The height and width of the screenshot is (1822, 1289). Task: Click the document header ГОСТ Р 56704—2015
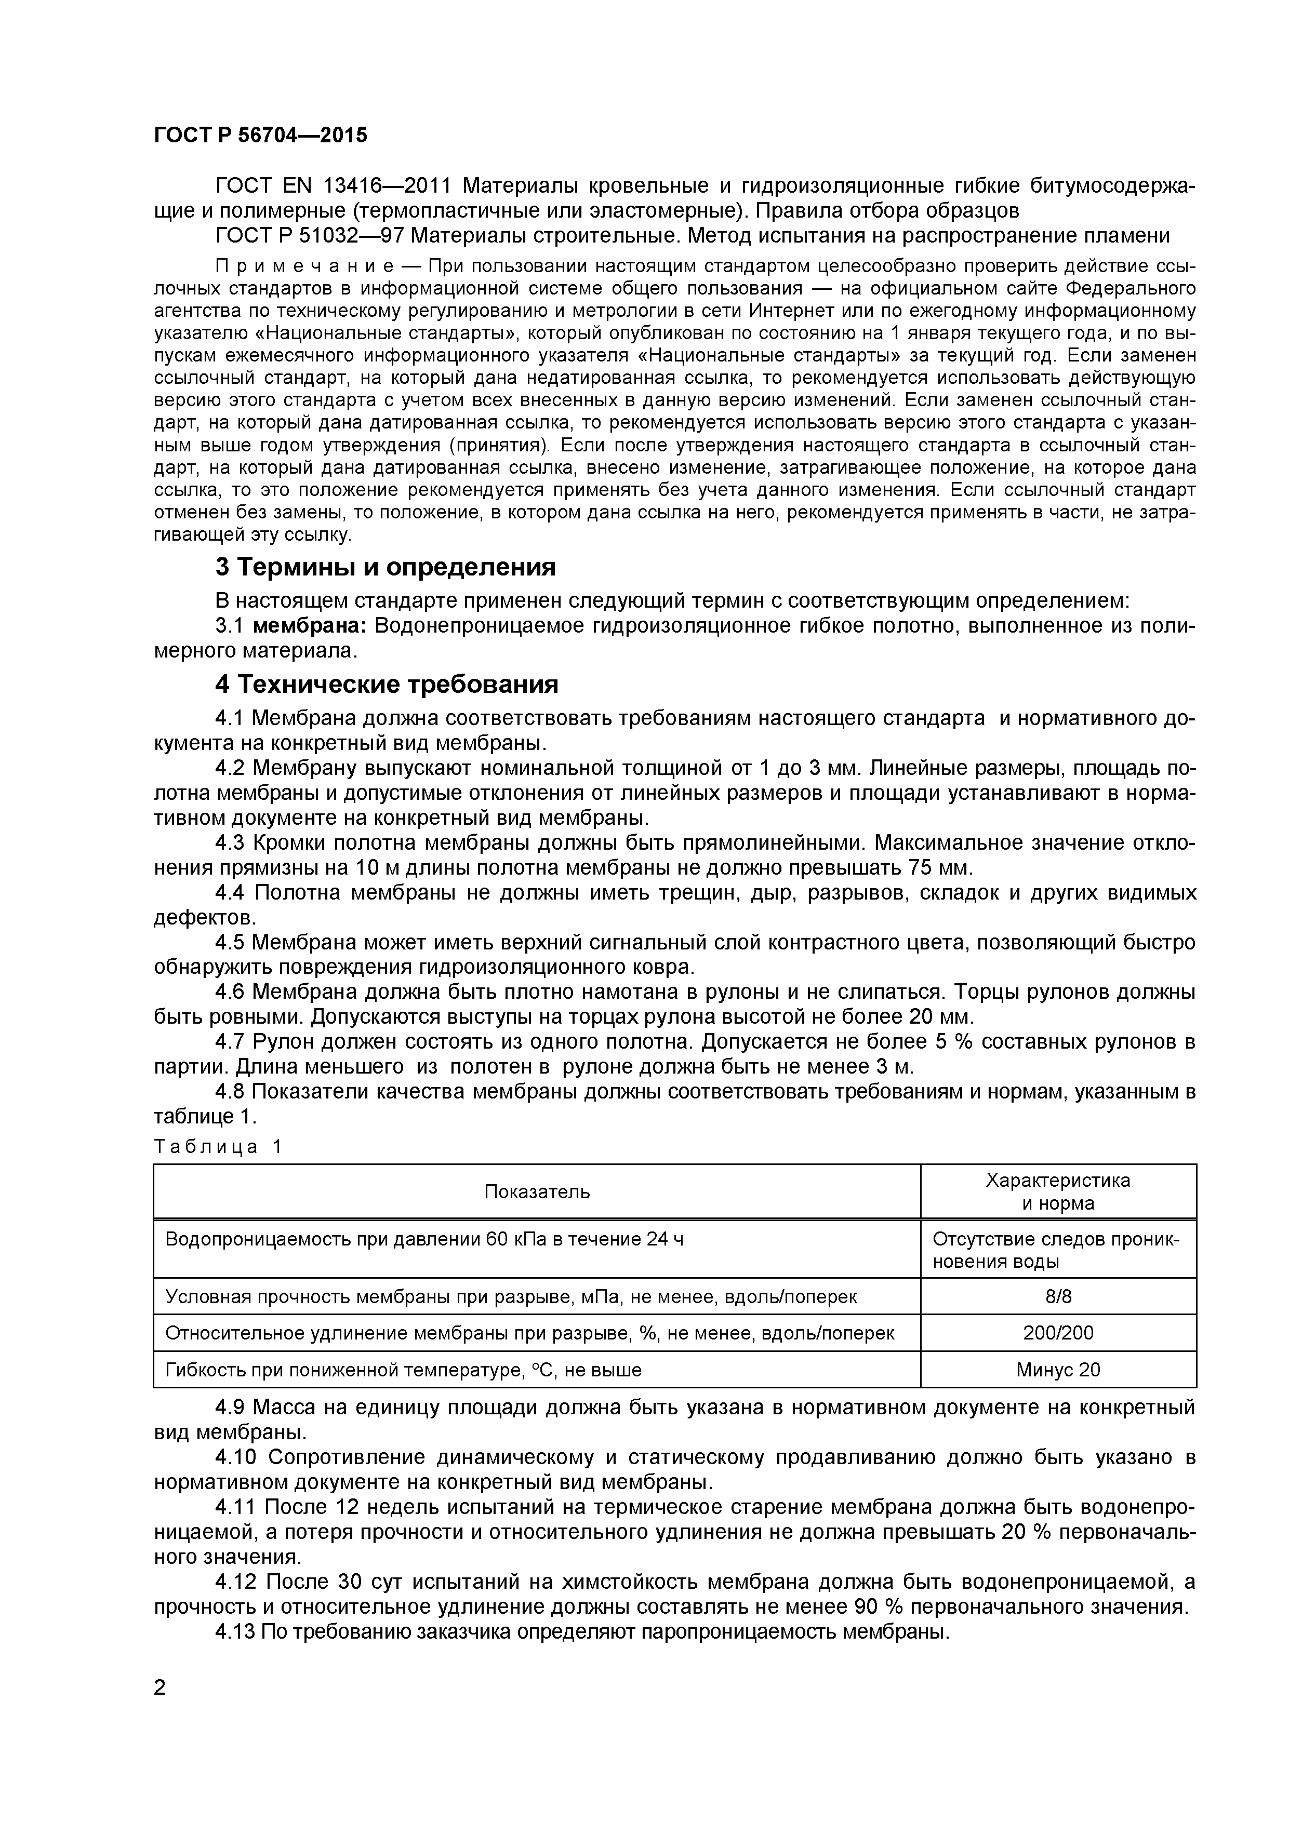(x=260, y=136)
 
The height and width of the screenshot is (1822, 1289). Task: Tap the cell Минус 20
(x=1058, y=1369)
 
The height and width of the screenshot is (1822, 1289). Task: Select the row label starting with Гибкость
(x=403, y=1369)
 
